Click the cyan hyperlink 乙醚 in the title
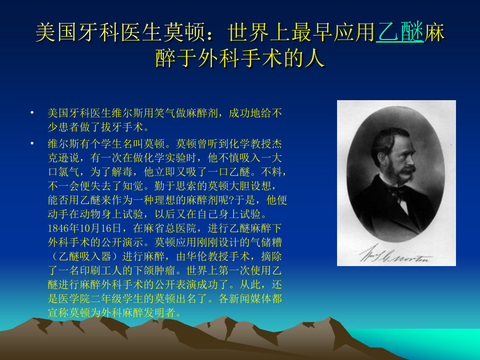pos(399,32)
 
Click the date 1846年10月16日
pos(84,227)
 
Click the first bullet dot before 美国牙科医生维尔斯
pos(32,113)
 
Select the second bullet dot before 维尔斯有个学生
pos(32,143)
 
